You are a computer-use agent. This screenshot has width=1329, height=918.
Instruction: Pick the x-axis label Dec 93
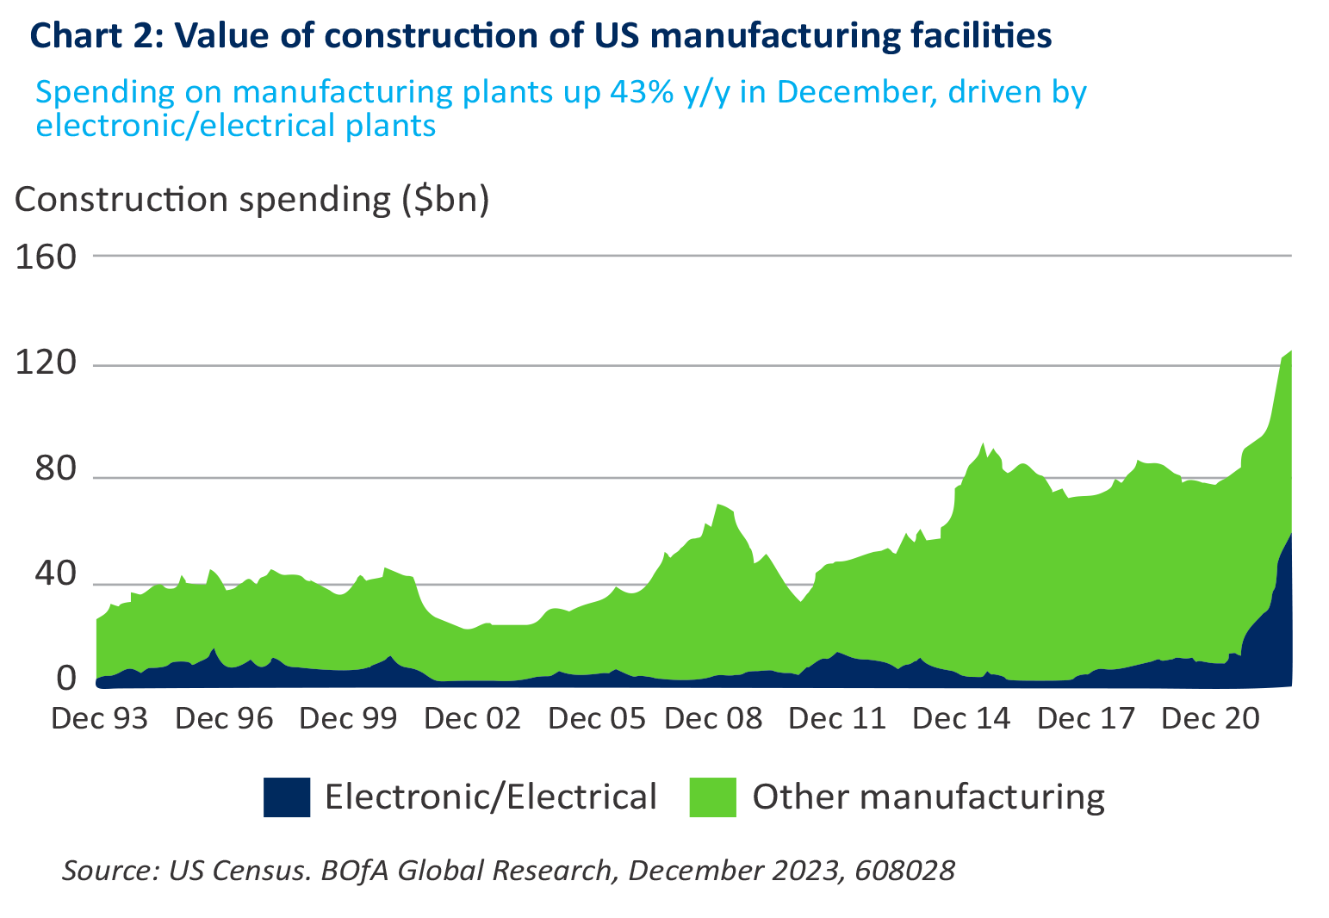[x=100, y=717]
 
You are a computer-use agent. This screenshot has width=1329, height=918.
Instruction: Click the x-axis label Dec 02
[x=472, y=717]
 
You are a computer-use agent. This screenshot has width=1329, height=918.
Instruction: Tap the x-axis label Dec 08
[x=713, y=717]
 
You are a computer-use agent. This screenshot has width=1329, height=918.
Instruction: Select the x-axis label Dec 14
[x=961, y=717]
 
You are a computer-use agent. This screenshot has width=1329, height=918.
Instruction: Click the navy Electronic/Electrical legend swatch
[x=286, y=797]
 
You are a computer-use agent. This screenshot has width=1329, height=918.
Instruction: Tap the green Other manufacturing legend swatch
[x=712, y=797]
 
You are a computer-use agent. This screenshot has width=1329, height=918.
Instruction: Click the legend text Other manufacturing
[x=928, y=797]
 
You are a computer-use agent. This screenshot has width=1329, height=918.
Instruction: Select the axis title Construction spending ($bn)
[x=252, y=199]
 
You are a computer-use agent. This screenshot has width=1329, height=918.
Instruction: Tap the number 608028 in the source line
[x=904, y=870]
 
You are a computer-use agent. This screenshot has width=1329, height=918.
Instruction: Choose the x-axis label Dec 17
[x=1087, y=717]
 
